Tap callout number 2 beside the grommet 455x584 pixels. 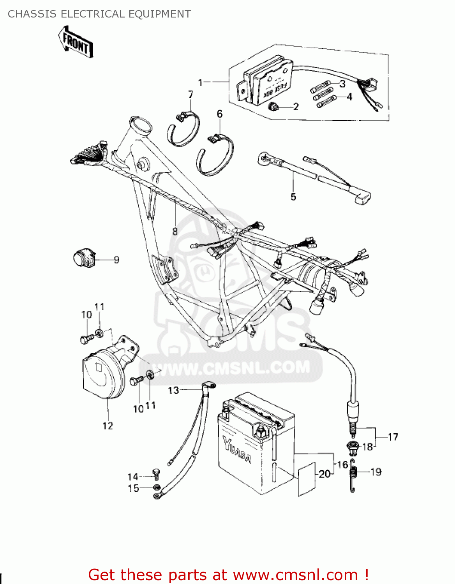pos(296,107)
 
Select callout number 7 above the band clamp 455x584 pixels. pos(190,95)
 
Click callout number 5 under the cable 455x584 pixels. pos(293,197)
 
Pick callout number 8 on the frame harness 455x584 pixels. pos(175,231)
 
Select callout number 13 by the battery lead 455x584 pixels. pos(173,390)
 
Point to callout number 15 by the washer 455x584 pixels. pos(134,488)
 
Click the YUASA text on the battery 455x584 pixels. pos(237,450)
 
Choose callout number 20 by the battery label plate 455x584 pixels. pos(324,474)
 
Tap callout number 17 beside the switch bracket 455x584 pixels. pos(393,437)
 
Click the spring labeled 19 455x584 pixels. pos(353,475)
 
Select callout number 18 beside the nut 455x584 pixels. pos(367,447)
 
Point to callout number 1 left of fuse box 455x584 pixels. pos(201,83)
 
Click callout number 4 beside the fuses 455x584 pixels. pos(349,97)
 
